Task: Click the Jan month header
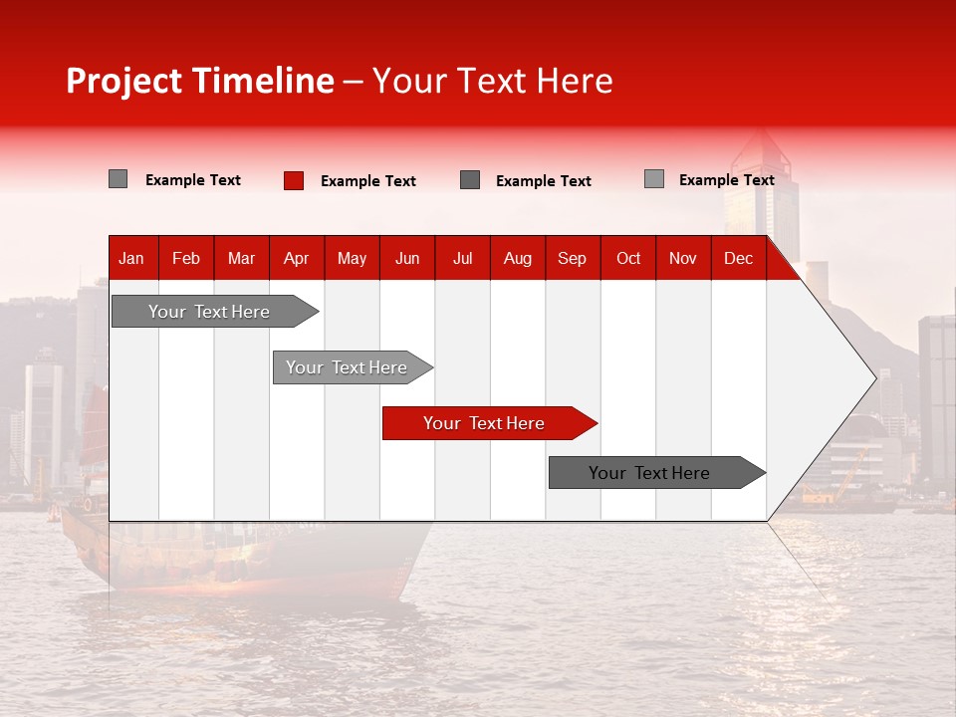[x=131, y=258]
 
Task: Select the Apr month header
[x=297, y=258]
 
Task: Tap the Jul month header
[x=462, y=258]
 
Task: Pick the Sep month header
[x=573, y=258]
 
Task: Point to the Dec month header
[x=738, y=258]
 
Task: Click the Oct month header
[x=628, y=258]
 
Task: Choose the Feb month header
[x=186, y=258]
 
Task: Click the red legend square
[x=294, y=180]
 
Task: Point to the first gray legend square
[x=119, y=179]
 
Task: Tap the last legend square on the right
[x=654, y=179]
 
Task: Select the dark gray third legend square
[x=470, y=180]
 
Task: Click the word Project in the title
[x=124, y=81]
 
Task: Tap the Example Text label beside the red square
[x=368, y=181]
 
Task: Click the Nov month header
[x=683, y=258]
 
